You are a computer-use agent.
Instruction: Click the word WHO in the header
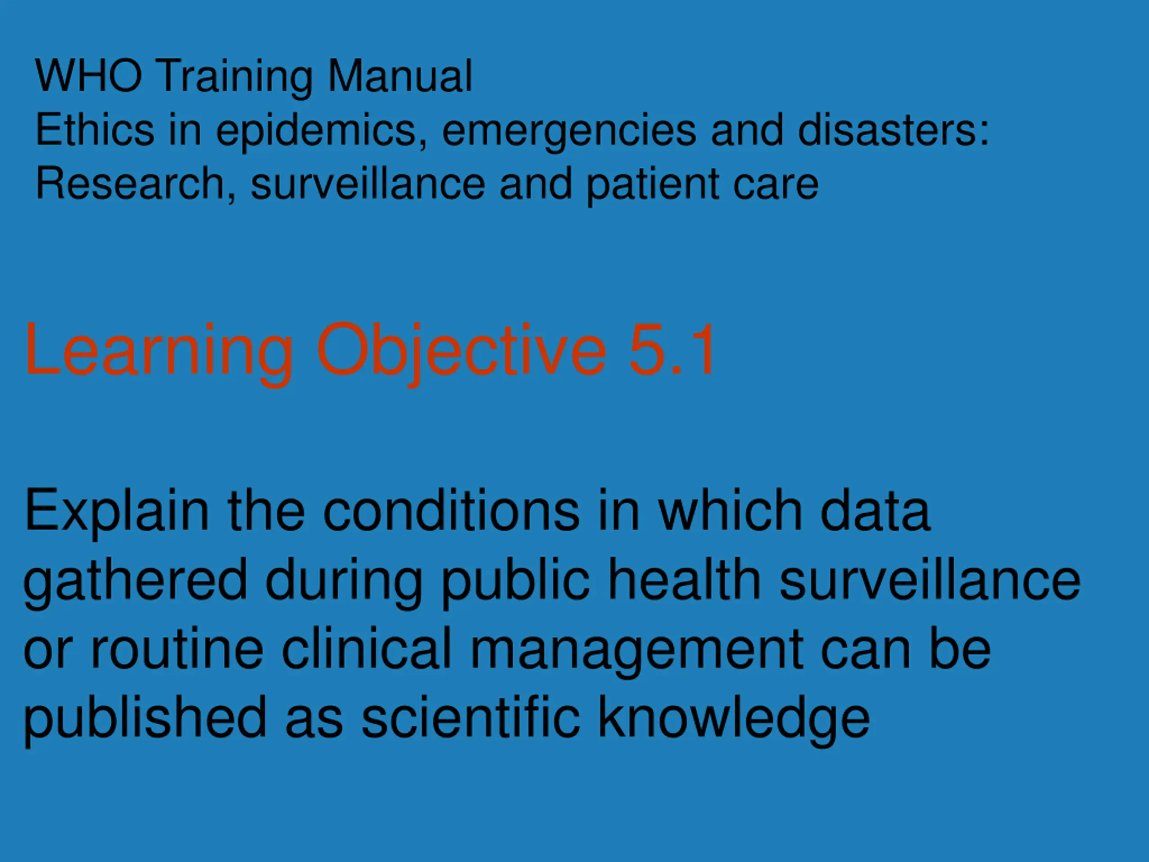88,76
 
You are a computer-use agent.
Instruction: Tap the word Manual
400,76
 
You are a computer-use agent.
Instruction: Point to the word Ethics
95,129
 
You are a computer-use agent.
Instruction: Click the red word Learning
158,353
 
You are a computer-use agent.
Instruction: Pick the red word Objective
461,353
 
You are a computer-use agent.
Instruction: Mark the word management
637,651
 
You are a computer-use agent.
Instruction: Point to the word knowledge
733,721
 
